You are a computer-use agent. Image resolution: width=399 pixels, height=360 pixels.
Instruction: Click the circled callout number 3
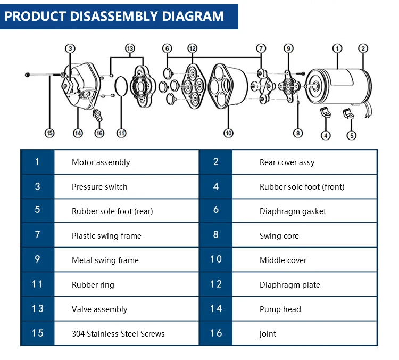pos(70,48)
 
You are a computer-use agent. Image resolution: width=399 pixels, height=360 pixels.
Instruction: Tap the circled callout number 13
pos(130,48)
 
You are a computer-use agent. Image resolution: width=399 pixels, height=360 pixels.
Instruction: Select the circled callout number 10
pos(228,133)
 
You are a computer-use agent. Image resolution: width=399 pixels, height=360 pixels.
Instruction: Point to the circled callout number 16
pos(99,133)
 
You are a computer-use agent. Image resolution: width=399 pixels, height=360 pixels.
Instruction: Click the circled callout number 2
pos(363,48)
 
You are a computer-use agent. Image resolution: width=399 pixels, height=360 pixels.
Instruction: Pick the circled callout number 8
pos(298,133)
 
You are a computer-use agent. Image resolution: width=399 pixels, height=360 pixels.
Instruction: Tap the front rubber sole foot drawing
pos(325,112)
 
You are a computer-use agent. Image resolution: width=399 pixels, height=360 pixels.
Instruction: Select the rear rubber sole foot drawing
pos(348,113)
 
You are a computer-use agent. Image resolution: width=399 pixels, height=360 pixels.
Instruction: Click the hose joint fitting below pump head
pos(98,116)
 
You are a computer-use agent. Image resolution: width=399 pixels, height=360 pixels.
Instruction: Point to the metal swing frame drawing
pos(289,87)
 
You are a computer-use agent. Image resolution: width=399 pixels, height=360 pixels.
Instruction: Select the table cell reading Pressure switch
pos(99,187)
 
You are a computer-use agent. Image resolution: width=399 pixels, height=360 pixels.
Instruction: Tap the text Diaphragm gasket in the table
pos(293,211)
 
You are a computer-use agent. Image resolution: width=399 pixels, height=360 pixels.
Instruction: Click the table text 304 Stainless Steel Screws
pos(118,334)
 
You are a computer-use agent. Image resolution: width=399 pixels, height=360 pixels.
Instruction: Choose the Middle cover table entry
pos(283,260)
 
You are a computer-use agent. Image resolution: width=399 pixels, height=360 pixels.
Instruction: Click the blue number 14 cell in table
pos(216,308)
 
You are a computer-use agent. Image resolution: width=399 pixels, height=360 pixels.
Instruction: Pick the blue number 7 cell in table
pos(38,234)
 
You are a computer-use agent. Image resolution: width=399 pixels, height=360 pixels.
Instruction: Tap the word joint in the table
pos(268,334)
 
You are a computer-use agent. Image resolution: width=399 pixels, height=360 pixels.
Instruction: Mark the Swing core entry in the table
pos(279,236)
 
